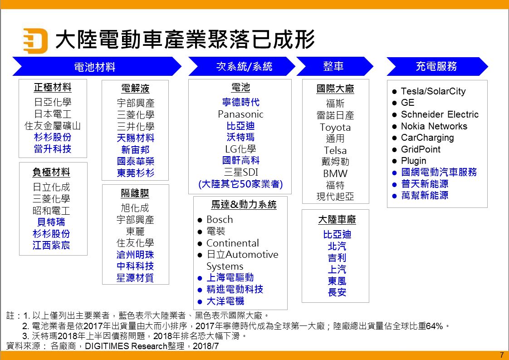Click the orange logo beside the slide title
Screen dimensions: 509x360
[35, 40]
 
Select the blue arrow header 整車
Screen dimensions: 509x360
[334, 66]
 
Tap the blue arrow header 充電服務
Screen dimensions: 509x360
[437, 66]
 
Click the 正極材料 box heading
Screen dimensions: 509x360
[53, 88]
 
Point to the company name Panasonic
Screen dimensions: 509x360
[240, 114]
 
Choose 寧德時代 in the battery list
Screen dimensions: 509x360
[240, 102]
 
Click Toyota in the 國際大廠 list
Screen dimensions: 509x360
[335, 128]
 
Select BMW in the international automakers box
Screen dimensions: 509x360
[335, 173]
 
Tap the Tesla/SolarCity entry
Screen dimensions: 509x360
[433, 91]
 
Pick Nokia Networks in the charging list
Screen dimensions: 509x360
[434, 126]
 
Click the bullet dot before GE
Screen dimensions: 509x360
[394, 103]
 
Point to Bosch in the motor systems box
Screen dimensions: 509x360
[220, 220]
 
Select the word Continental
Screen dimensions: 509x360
[232, 243]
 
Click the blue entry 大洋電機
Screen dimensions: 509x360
[225, 301]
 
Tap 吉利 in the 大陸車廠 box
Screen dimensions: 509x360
[337, 258]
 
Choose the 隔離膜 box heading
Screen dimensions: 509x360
[135, 194]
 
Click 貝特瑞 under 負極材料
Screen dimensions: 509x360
[51, 222]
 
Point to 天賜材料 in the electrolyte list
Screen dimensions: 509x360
[135, 138]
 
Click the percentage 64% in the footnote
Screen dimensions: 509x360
[434, 326]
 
